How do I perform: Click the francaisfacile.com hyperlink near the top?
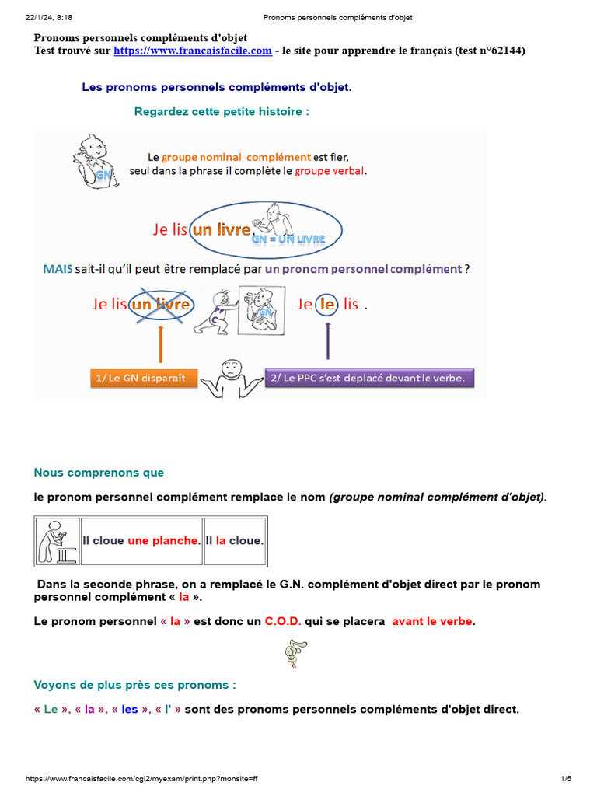[x=193, y=51]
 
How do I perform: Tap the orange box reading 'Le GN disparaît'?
[x=144, y=379]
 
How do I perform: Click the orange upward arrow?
[x=160, y=343]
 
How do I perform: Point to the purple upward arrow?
[x=327, y=340]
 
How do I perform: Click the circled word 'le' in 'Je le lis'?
[x=327, y=304]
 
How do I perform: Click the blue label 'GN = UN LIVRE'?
[x=288, y=239]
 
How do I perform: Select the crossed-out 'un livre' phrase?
[x=162, y=304]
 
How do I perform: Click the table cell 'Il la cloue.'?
[x=234, y=540]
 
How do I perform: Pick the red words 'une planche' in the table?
[x=163, y=540]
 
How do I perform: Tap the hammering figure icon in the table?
[x=58, y=541]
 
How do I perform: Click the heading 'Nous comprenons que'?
[x=99, y=473]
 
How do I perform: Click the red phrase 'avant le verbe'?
[x=432, y=621]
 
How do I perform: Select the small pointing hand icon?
[x=295, y=653]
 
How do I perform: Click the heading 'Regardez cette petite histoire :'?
[x=222, y=112]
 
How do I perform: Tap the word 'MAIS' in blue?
[x=58, y=270]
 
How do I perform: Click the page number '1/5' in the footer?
[x=565, y=778]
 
